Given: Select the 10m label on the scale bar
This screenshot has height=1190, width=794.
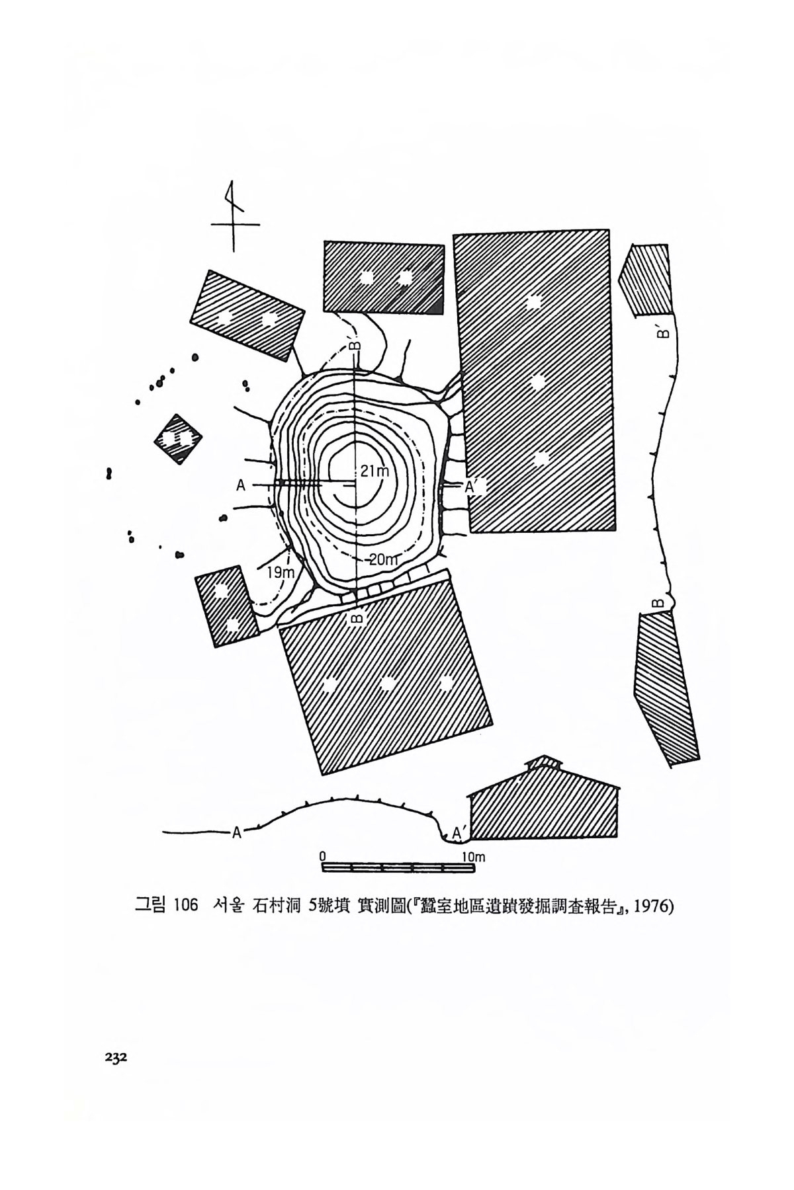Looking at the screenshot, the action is click(x=474, y=857).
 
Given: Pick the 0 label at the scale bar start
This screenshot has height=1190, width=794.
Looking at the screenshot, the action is click(x=323, y=856).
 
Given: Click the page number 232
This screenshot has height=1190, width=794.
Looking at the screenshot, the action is click(x=115, y=1056).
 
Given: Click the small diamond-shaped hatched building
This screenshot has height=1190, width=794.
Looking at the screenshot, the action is click(x=177, y=440).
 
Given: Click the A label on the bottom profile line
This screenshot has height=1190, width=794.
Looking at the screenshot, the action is click(x=236, y=832).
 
